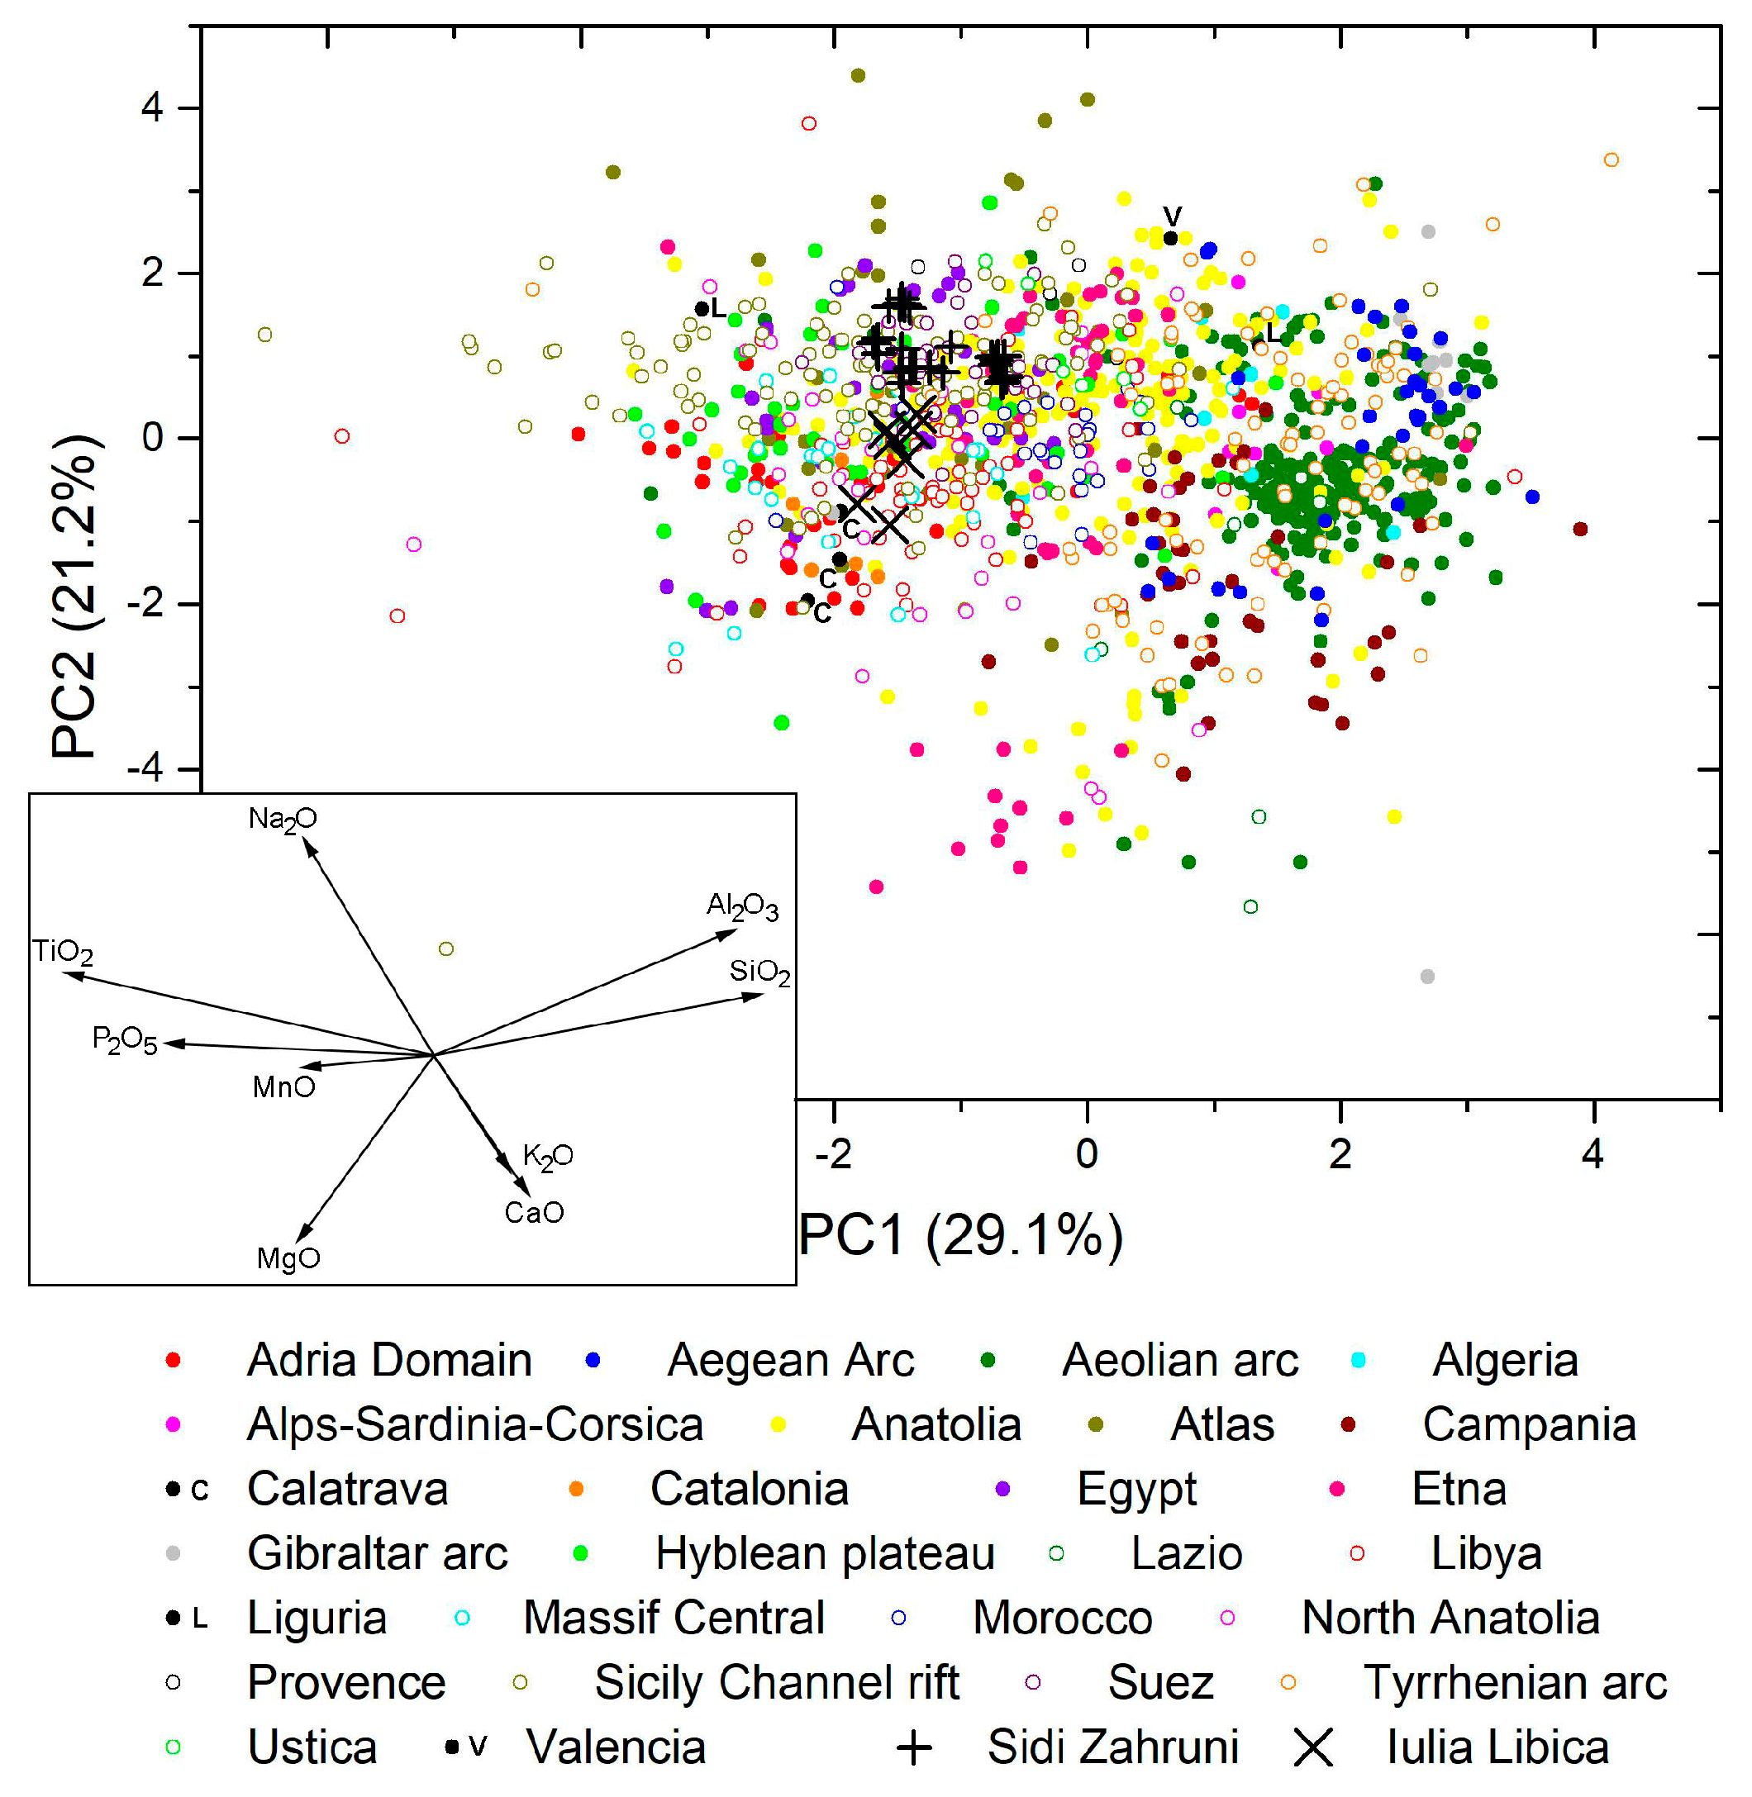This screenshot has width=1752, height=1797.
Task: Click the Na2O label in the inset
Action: [x=283, y=818]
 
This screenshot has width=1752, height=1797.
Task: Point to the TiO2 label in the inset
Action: [x=63, y=952]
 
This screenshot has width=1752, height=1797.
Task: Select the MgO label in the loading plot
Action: [x=288, y=1257]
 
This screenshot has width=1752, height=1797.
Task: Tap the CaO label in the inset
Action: [x=534, y=1212]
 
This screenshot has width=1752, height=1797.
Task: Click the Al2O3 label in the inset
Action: [x=741, y=906]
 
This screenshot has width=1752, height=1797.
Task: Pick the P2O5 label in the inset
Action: [x=124, y=1041]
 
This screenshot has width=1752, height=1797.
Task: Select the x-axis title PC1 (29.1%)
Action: [x=960, y=1235]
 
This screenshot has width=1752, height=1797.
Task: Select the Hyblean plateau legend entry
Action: [x=824, y=1553]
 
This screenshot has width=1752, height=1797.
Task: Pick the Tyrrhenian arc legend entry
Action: [x=1514, y=1682]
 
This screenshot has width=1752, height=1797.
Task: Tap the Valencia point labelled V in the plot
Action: [x=1170, y=238]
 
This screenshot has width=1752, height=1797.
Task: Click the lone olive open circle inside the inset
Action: [x=446, y=948]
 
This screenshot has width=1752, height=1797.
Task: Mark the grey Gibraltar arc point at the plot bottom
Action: [x=1427, y=977]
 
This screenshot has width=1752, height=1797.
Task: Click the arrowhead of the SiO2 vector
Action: [x=760, y=995]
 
